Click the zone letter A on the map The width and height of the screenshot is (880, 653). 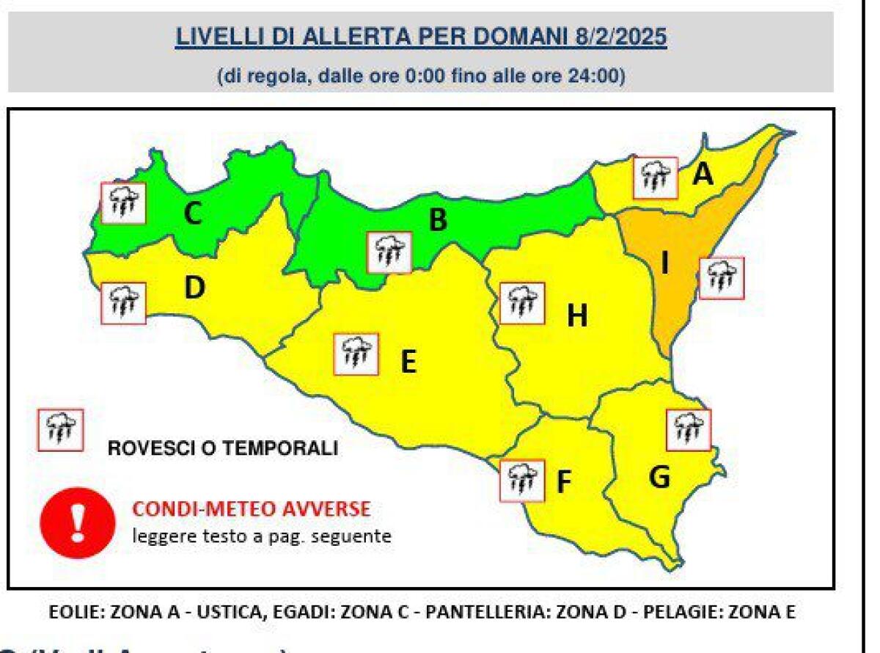703,175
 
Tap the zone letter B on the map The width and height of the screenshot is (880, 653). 438,219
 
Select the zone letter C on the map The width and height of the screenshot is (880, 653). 192,214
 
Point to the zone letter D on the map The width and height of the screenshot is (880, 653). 194,289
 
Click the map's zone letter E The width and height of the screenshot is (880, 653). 408,361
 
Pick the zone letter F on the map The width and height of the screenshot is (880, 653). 563,482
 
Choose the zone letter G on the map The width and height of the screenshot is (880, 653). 659,478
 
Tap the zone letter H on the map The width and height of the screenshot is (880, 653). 577,316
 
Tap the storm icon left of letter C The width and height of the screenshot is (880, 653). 122,203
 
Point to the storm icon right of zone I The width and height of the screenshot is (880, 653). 722,277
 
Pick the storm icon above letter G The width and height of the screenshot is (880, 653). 688,429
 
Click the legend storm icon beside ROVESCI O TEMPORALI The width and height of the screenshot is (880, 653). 60,431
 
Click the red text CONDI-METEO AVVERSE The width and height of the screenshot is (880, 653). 251,508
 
